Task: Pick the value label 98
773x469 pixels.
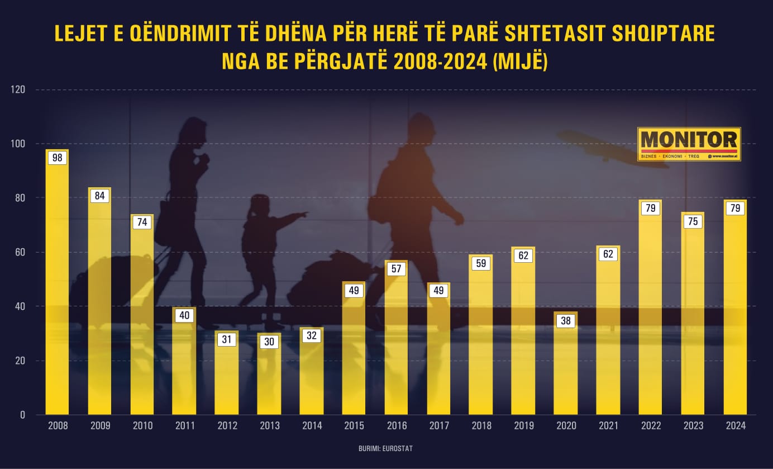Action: pyautogui.click(x=57, y=158)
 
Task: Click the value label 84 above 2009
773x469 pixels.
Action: pyautogui.click(x=99, y=196)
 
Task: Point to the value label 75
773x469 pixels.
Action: pyautogui.click(x=693, y=221)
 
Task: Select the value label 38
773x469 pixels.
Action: pyautogui.click(x=566, y=321)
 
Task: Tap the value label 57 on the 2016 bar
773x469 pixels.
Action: pyautogui.click(x=397, y=269)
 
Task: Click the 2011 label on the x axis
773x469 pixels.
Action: pyautogui.click(x=184, y=426)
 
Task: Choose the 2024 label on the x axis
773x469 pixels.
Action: pyautogui.click(x=735, y=426)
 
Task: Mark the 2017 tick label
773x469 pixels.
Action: pyautogui.click(x=439, y=426)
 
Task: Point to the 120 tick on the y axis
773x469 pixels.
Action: pyautogui.click(x=18, y=89)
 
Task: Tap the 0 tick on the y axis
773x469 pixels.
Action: pyautogui.click(x=23, y=415)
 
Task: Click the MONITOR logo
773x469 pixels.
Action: pyautogui.click(x=689, y=144)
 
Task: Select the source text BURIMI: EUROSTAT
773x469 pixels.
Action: pyautogui.click(x=386, y=448)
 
